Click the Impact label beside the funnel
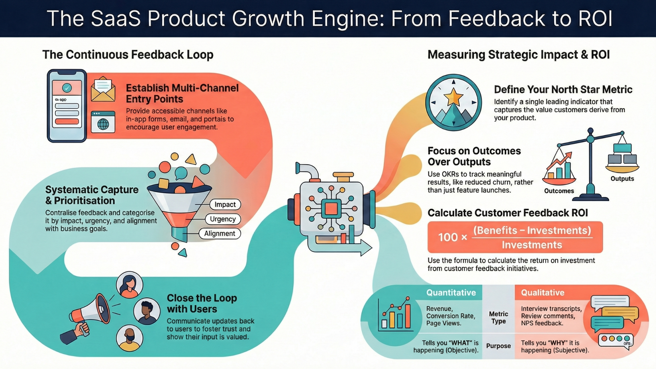tap(225, 204)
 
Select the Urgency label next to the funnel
tap(223, 219)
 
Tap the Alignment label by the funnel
tap(220, 234)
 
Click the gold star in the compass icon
tap(453, 97)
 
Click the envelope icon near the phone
tap(103, 90)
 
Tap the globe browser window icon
tap(103, 122)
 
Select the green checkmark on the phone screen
tap(67, 88)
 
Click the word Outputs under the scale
tap(622, 179)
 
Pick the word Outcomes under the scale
tap(559, 191)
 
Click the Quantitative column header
tap(451, 293)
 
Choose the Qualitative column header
tap(543, 293)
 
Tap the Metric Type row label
tap(498, 317)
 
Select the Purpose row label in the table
tap(498, 346)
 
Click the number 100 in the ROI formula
tap(448, 237)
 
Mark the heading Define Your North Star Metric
tap(563, 90)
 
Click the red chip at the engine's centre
tap(331, 208)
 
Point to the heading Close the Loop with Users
tap(202, 303)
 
